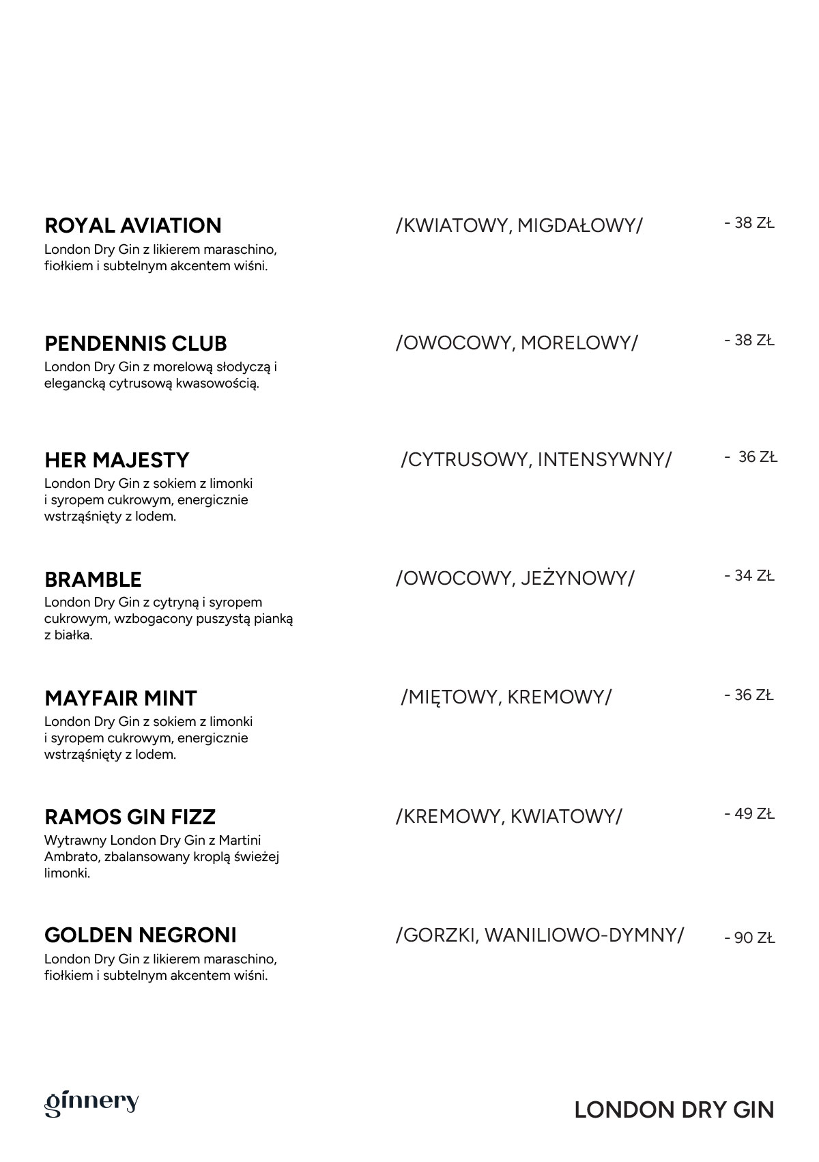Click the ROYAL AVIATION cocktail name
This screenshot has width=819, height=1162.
pos(133,226)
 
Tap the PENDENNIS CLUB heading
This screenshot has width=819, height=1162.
pos(136,343)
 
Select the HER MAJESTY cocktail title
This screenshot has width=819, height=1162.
pos(117,461)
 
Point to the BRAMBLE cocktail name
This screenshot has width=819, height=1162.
pos(93,580)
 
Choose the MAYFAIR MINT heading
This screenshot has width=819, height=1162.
pos(121,699)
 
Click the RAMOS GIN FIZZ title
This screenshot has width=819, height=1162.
pos(130,817)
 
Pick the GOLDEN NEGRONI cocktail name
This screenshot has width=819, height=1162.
pos(141,935)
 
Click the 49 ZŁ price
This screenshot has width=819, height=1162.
pos(749,814)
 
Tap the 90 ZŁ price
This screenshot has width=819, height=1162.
pos(750,938)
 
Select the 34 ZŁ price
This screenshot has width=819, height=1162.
pos(749,576)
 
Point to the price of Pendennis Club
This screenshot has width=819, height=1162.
pos(749,340)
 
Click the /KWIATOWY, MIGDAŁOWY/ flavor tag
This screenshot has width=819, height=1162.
pos(519,225)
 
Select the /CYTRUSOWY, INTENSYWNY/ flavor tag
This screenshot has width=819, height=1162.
pos(536,459)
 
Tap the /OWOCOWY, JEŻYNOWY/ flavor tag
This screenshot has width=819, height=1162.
pos(515,579)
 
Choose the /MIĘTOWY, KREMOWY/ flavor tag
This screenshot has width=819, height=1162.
pos(506,697)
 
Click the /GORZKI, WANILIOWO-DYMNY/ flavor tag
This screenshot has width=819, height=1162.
pos(539,935)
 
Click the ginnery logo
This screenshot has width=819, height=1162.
pos(91,1103)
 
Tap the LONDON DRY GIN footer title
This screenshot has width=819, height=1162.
pos(674,1110)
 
